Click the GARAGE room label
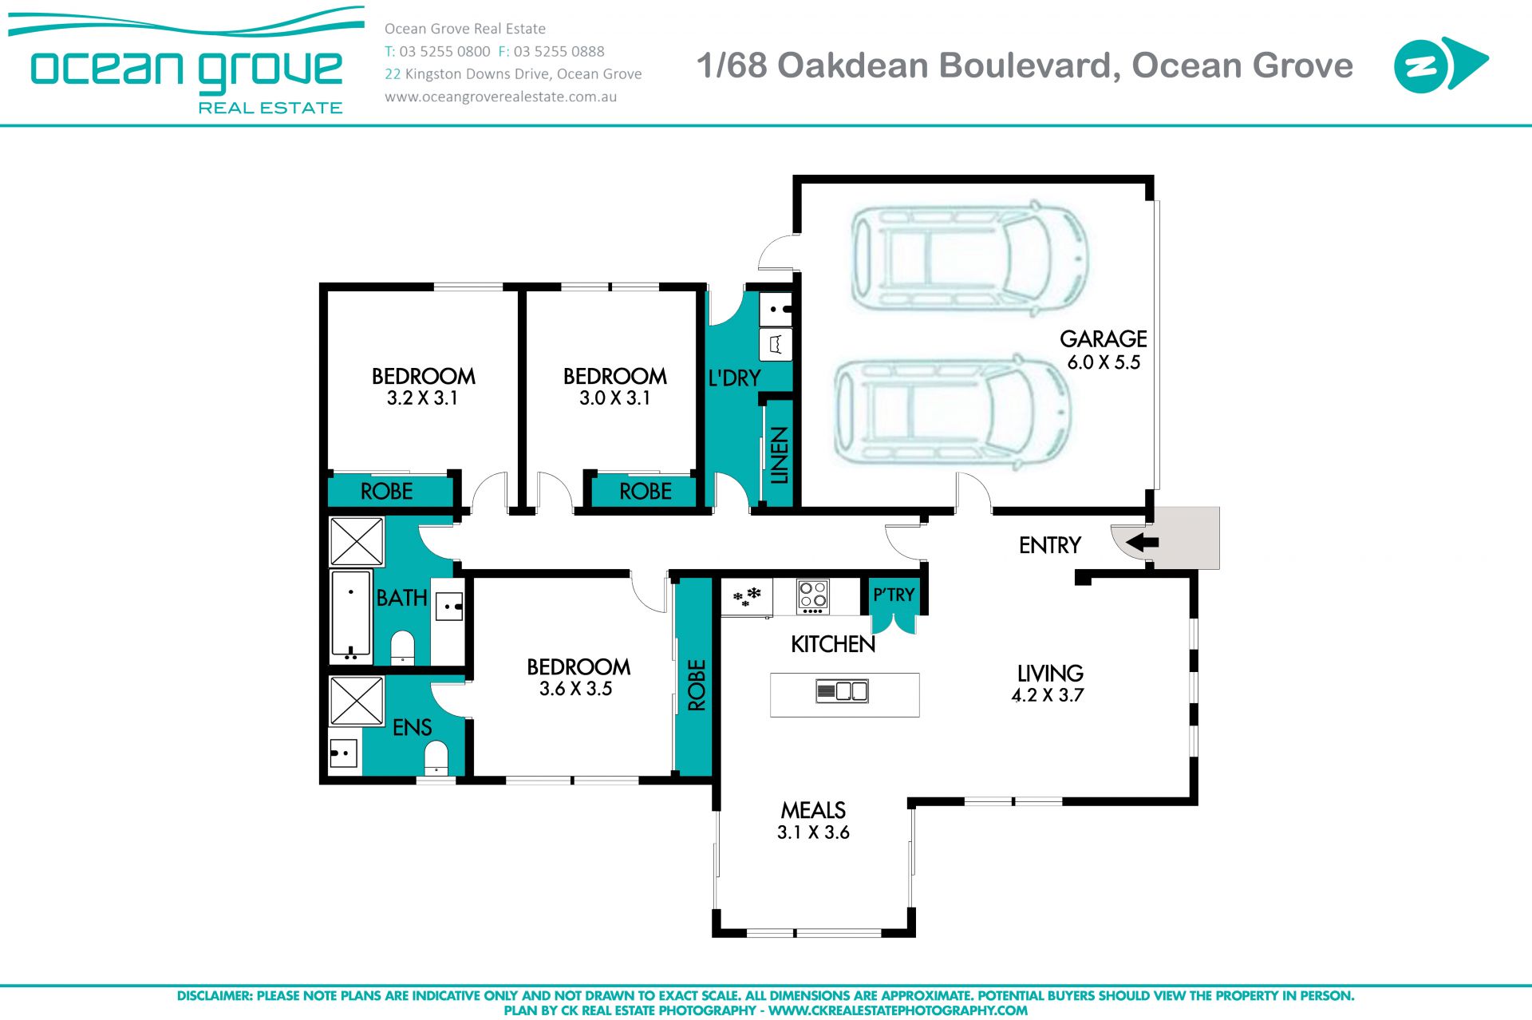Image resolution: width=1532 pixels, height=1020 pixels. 1104,338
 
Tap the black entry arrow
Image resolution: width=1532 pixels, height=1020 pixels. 1142,543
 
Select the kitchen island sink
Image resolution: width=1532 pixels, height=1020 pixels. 842,691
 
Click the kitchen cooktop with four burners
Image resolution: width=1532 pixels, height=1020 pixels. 813,596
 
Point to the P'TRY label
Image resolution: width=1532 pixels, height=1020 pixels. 894,595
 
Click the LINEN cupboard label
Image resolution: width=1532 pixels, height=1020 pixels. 780,456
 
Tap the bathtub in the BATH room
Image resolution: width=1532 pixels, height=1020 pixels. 351,616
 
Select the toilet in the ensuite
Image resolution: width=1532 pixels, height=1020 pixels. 436,757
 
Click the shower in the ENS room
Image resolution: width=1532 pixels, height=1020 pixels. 357,702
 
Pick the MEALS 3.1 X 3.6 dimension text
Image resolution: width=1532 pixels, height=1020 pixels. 813,832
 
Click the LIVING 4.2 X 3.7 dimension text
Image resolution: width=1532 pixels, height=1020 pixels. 1048,694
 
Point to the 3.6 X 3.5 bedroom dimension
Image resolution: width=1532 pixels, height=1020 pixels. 575,688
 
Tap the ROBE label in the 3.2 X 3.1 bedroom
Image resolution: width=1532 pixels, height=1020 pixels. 386,491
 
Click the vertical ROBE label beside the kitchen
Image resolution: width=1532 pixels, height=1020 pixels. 697,685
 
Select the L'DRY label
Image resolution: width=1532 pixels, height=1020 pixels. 734,378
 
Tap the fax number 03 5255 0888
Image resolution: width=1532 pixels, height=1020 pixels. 559,51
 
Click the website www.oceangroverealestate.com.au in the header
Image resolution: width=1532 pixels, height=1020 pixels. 500,97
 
